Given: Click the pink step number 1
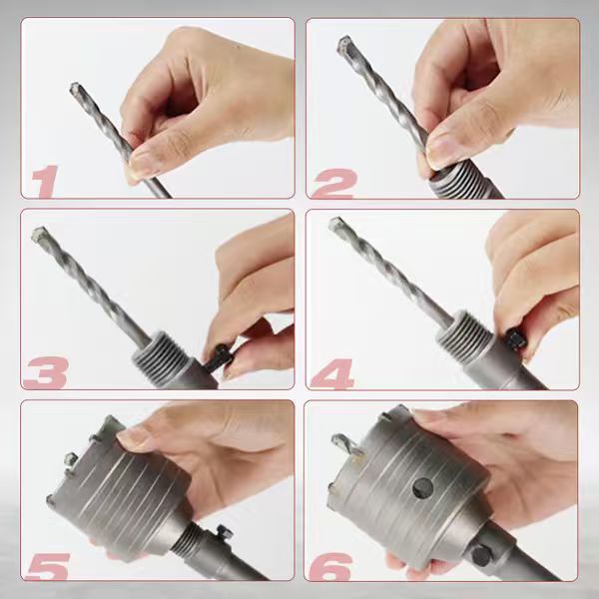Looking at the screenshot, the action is click(45, 181).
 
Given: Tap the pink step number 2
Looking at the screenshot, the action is click(334, 184).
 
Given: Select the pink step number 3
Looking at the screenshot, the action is click(47, 372).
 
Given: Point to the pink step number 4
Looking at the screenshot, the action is click(332, 373).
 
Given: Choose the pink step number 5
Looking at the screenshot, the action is click(47, 566).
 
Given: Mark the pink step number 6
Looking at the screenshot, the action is click(330, 567).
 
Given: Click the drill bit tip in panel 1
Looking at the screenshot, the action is click(75, 88).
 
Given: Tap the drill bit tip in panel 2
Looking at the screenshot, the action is click(344, 44).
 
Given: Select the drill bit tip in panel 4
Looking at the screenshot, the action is click(336, 224).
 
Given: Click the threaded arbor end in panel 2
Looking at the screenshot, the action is click(458, 183).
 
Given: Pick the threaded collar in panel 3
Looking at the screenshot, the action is click(161, 351).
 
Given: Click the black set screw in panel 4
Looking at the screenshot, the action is click(516, 338).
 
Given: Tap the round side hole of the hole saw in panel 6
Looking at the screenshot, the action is click(423, 488).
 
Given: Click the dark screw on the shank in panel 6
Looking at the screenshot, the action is click(480, 555).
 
